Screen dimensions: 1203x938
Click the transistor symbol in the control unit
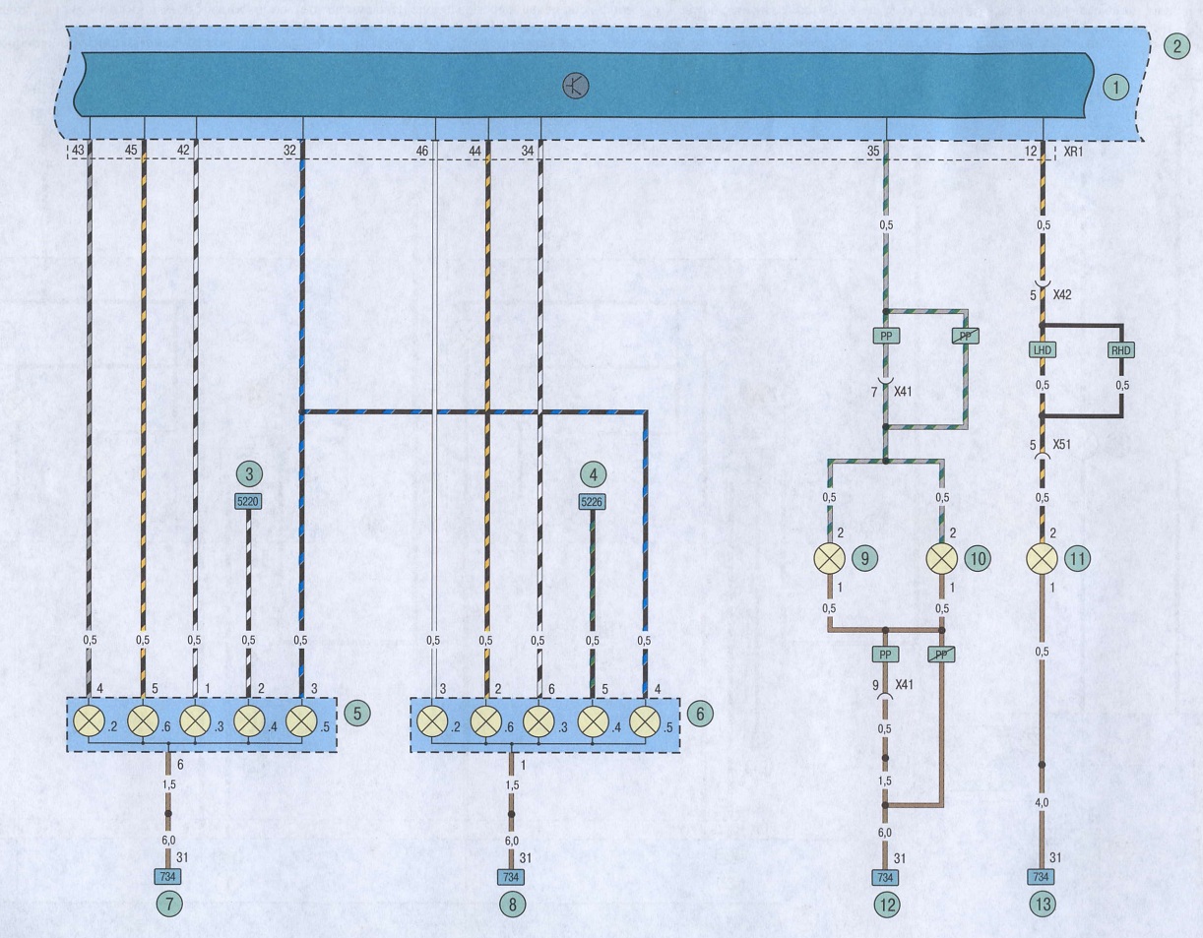[576, 86]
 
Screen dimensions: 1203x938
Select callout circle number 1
[1115, 88]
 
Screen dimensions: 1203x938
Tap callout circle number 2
[1176, 46]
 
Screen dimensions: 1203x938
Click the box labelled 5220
[248, 502]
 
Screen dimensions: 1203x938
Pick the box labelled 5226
[592, 502]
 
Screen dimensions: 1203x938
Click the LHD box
[1042, 350]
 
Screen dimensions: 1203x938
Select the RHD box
[1121, 350]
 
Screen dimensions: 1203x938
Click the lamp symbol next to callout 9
[829, 559]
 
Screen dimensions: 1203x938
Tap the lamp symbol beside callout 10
[942, 559]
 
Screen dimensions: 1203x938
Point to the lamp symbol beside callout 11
[1042, 559]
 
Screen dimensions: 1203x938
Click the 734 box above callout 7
[167, 877]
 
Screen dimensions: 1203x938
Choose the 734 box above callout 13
[1041, 877]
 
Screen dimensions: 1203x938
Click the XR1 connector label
[1073, 151]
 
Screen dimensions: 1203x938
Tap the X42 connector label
[1062, 295]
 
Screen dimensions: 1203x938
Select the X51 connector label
[1061, 444]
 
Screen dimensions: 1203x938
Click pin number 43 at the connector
[78, 150]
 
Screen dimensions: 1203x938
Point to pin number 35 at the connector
[873, 151]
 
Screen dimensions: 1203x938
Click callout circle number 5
[357, 714]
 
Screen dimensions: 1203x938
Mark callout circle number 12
[887, 905]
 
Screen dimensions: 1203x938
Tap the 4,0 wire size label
[1042, 802]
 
